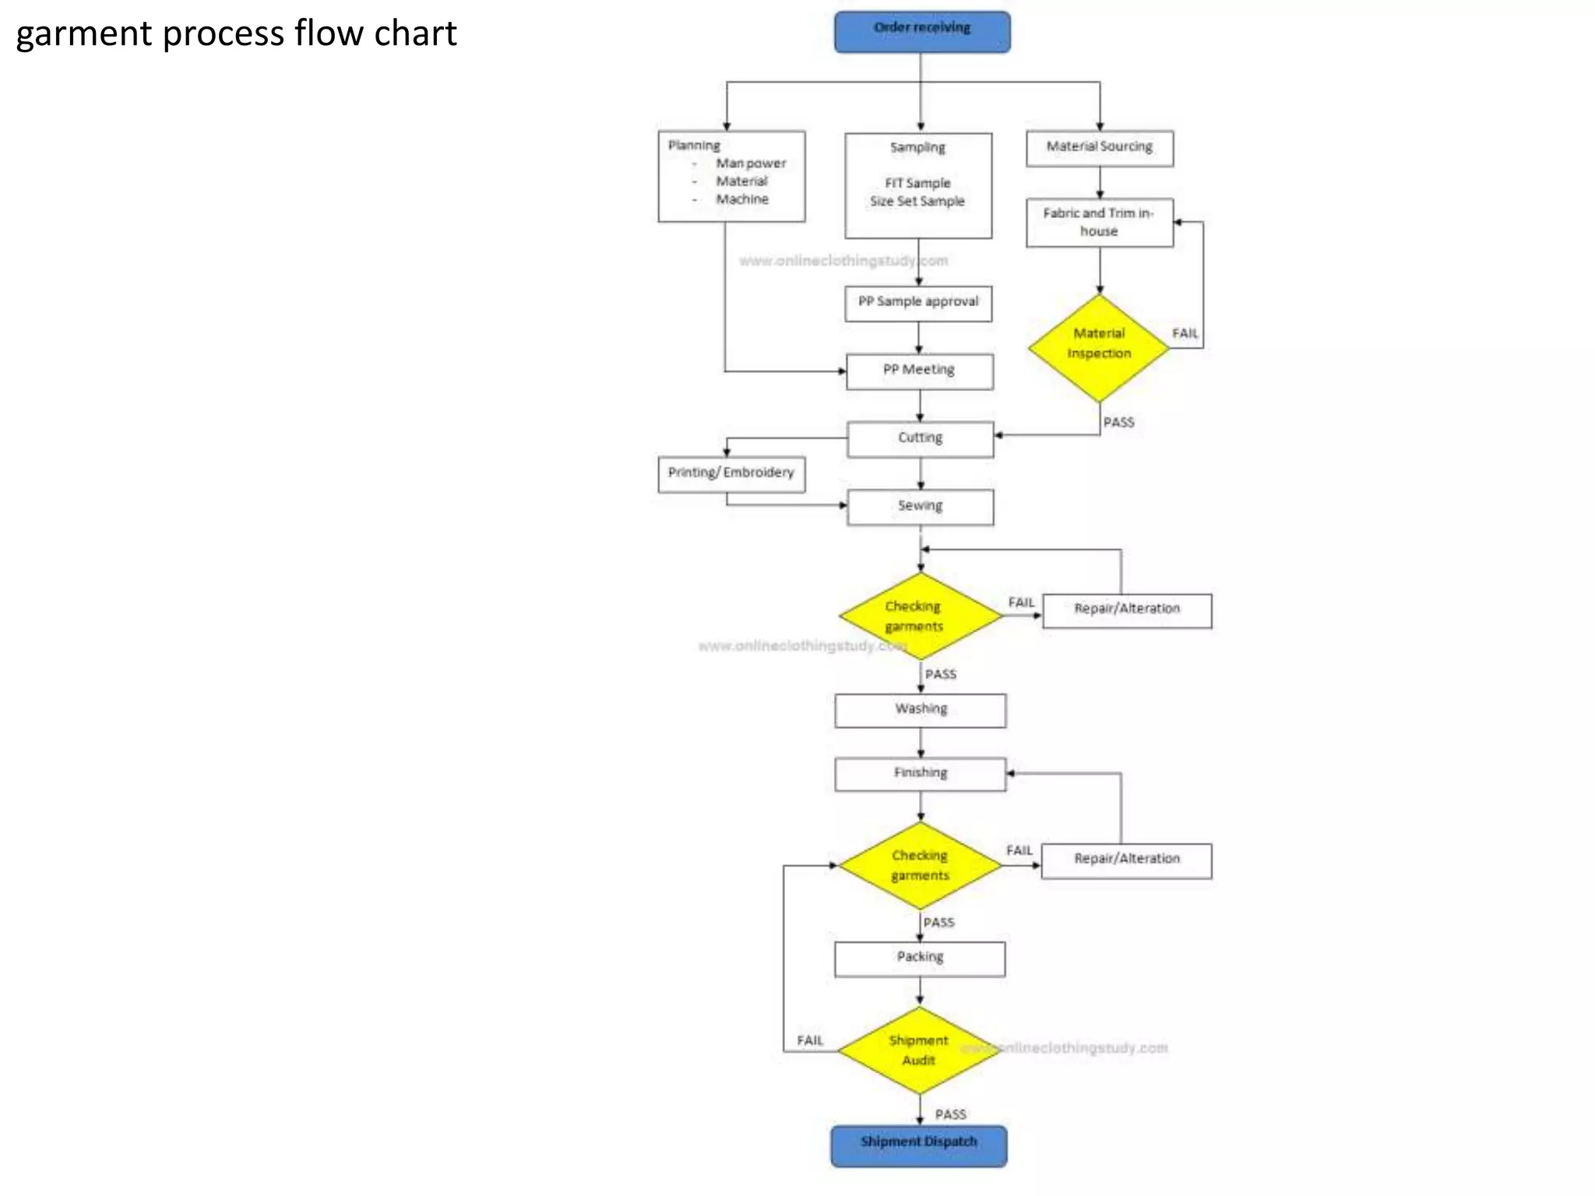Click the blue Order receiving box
pyautogui.click(x=921, y=32)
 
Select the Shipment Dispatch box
pyautogui.click(x=918, y=1145)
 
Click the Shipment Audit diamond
pyautogui.click(x=919, y=1050)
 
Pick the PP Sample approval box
pyautogui.click(x=918, y=303)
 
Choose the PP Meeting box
pyautogui.click(x=919, y=371)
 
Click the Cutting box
pyautogui.click(x=920, y=439)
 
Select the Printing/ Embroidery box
pyautogui.click(x=731, y=473)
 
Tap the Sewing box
pyautogui.click(x=920, y=507)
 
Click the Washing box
pyautogui.click(x=921, y=710)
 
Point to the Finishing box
pyautogui.click(x=921, y=774)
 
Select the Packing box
pyautogui.click(x=920, y=959)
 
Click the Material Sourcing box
pyautogui.click(x=1099, y=148)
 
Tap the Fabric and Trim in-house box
pyautogui.click(x=1099, y=223)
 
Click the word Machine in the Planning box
pyautogui.click(x=742, y=199)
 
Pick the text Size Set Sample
pyautogui.click(x=917, y=202)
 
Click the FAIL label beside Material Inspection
pyautogui.click(x=1185, y=333)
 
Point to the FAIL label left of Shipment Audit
pyautogui.click(x=810, y=1040)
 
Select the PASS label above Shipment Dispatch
pyautogui.click(x=950, y=1114)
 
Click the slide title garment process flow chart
pyautogui.click(x=236, y=33)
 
